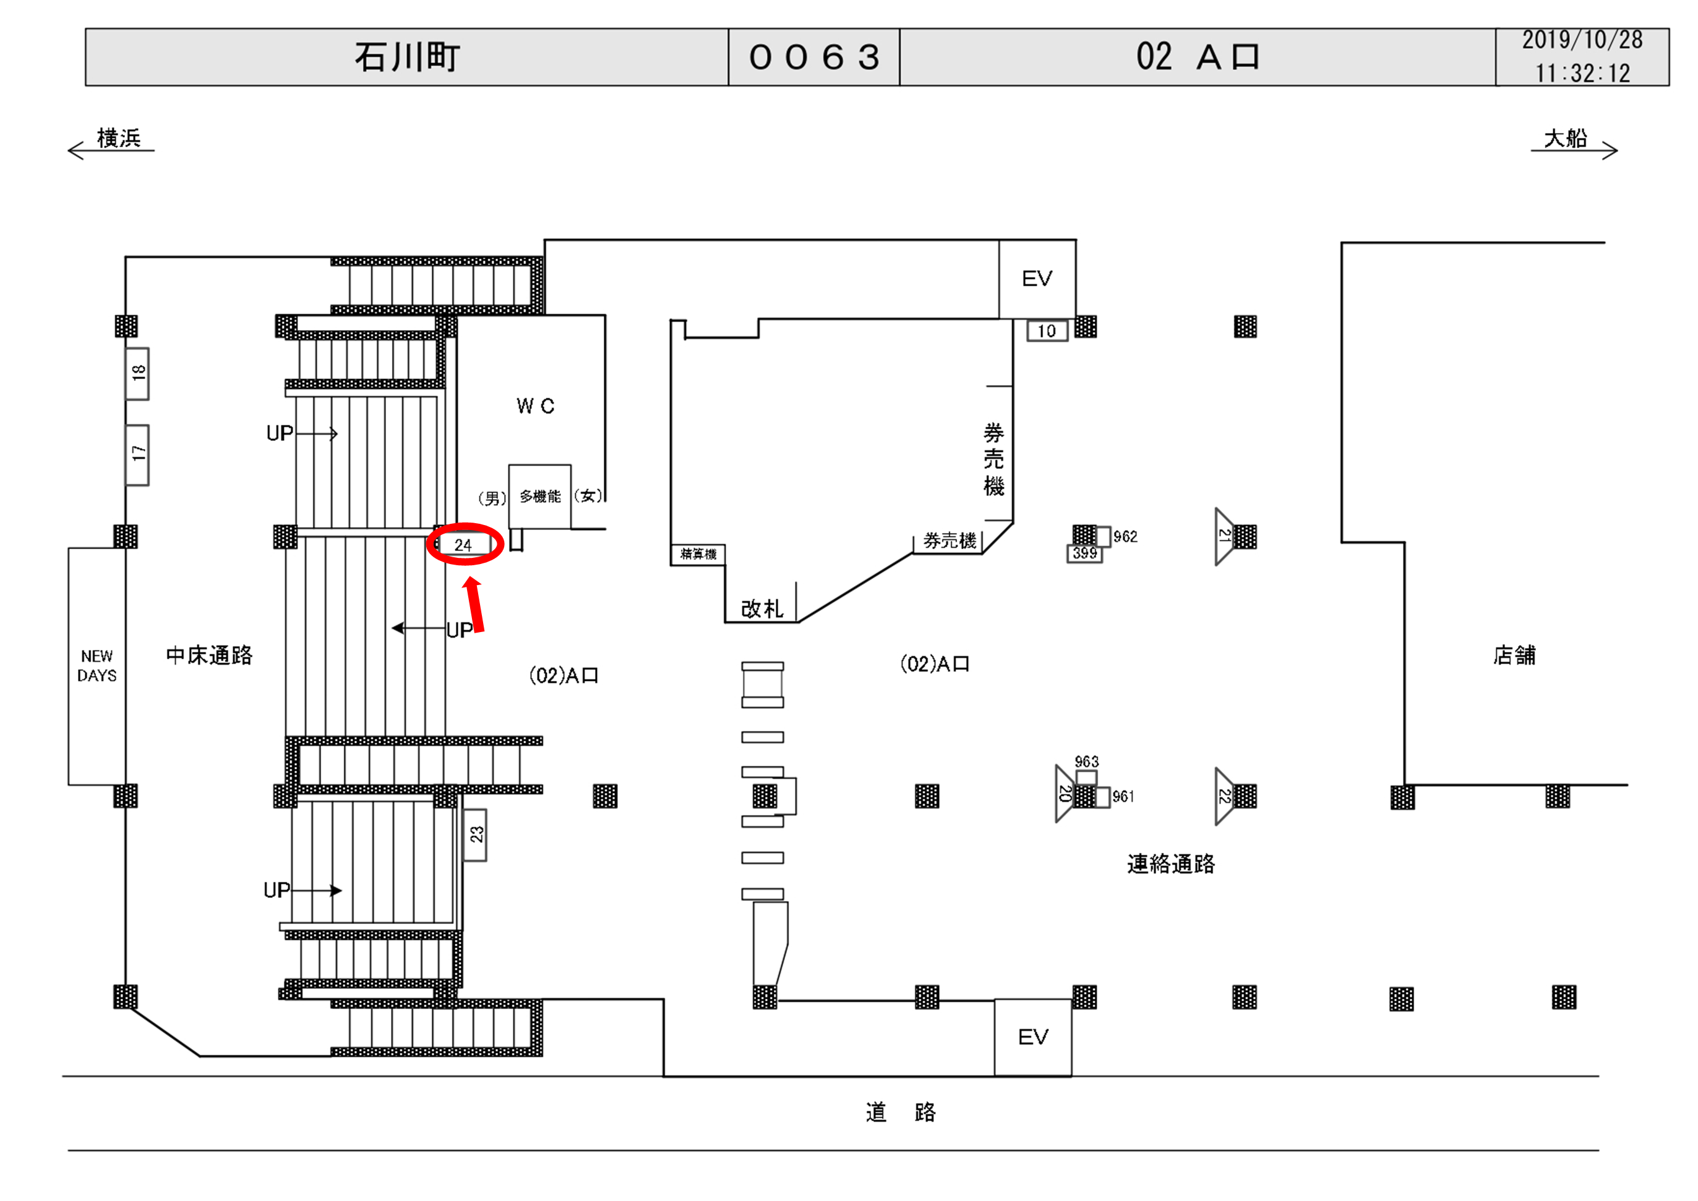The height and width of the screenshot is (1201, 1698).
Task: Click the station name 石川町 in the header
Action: (407, 57)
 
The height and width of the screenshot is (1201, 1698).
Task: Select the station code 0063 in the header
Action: (813, 57)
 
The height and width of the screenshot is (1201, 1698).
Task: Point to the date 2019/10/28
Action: (1582, 40)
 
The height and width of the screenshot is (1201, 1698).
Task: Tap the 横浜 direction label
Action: (118, 139)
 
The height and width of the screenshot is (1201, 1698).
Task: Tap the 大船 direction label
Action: (1565, 139)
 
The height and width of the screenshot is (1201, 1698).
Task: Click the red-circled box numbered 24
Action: (464, 545)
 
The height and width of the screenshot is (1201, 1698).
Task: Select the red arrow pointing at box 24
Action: (475, 605)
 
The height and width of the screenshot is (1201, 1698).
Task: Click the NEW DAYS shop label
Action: (97, 665)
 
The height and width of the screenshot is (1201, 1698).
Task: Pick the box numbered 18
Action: (137, 374)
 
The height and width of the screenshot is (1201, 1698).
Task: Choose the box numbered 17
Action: (137, 454)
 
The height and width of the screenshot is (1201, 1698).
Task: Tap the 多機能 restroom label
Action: (540, 496)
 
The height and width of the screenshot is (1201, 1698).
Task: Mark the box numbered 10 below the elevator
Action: (1047, 331)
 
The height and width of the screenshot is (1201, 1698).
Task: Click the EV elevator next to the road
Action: (1032, 1037)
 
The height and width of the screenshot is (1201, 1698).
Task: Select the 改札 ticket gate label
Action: (761, 609)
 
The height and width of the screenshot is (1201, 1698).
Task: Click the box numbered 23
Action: (476, 835)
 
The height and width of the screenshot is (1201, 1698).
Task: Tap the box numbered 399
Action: (1084, 553)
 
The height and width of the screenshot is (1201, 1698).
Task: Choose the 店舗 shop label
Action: (1514, 655)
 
